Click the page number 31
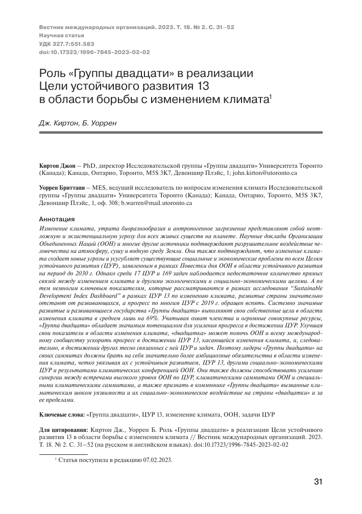pos(317,481)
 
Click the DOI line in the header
pos(94,52)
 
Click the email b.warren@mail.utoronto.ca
pos(156,203)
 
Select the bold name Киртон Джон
pos(57,166)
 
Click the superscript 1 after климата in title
pos(270,95)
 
